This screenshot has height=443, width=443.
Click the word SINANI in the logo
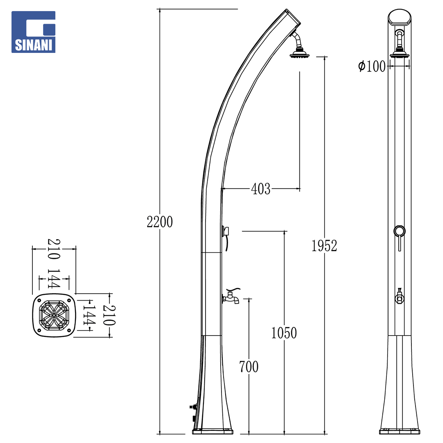pos(33,45)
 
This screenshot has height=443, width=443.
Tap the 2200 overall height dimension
pos(160,222)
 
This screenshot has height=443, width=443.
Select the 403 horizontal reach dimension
pos(261,189)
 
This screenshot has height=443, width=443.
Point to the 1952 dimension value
pos(324,246)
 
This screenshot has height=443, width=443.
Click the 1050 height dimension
pos(284,333)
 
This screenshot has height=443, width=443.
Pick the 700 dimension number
pos(249,367)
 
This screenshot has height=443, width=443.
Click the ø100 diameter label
pos(372,66)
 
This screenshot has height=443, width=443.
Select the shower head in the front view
pos(400,54)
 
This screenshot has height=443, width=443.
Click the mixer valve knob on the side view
pos(226,231)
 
